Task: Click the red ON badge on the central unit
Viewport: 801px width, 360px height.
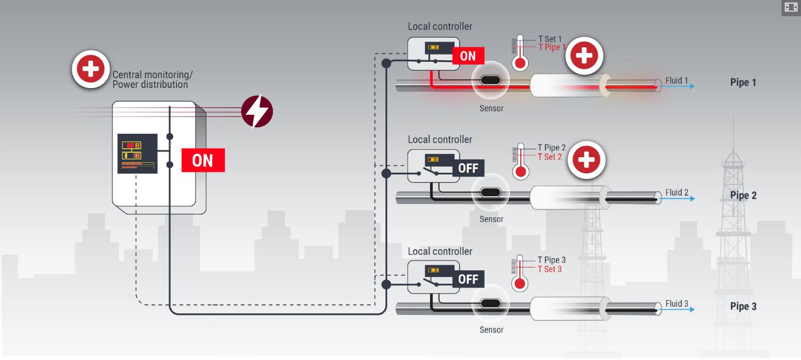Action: (x=203, y=160)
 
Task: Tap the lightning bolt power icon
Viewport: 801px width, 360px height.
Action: (x=257, y=111)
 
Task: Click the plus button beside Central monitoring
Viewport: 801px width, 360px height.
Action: (x=91, y=69)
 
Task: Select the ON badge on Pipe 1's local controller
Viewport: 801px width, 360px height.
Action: (x=468, y=56)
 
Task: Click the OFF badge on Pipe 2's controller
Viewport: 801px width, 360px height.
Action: (x=468, y=168)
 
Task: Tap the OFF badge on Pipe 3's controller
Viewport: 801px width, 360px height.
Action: (x=468, y=279)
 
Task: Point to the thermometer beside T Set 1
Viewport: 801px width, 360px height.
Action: (x=520, y=52)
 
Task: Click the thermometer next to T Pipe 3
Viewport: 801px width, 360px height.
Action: (x=520, y=274)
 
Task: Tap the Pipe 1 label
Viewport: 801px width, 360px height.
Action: (x=743, y=82)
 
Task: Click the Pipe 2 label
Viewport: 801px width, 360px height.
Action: (x=743, y=196)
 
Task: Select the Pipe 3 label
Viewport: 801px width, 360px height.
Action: (x=743, y=307)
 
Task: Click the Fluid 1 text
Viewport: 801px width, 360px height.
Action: (x=677, y=81)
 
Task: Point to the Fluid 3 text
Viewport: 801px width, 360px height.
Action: (x=677, y=304)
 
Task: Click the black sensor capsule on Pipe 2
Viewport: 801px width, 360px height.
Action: (x=490, y=193)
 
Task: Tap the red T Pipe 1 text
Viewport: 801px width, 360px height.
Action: (x=551, y=47)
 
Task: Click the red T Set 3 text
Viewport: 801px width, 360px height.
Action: (x=550, y=269)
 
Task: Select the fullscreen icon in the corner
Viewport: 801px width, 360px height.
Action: (x=791, y=7)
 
